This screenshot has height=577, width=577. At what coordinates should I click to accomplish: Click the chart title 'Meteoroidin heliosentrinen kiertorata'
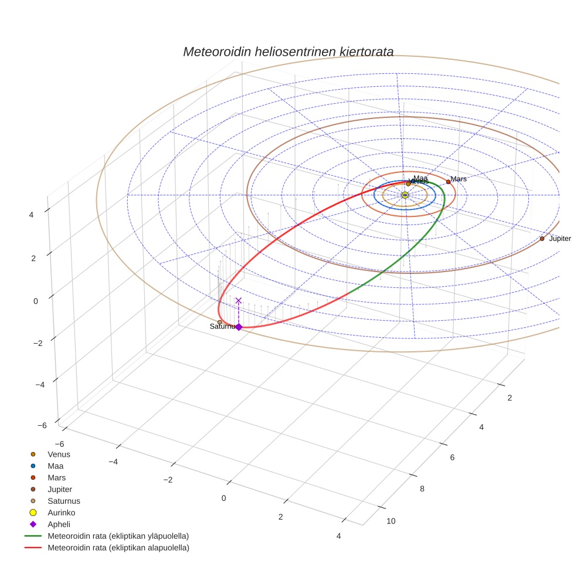tap(288, 52)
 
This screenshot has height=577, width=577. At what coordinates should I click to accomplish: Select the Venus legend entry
tap(59, 454)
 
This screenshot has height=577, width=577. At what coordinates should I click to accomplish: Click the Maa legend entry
tap(55, 466)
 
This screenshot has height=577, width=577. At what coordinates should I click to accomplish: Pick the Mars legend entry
tap(56, 477)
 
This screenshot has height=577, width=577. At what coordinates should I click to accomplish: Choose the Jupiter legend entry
tap(60, 489)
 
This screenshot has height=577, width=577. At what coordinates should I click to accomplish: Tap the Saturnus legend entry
tap(63, 501)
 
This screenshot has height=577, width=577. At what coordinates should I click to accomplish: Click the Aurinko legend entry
tap(61, 512)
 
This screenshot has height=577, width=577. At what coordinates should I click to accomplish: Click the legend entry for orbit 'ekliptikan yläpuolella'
tap(117, 536)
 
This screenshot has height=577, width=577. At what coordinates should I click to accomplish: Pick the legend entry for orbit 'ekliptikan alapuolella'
tap(117, 548)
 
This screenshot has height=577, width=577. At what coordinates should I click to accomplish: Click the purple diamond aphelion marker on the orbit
tap(239, 327)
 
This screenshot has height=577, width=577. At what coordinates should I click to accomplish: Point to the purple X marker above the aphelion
tap(239, 301)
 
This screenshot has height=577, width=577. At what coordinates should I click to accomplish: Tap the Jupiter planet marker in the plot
tap(542, 239)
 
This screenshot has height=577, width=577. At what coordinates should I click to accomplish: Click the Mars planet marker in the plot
tap(449, 182)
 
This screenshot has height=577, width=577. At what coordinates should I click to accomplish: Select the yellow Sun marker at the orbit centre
tap(405, 195)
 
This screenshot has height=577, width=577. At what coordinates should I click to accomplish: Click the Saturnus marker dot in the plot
tap(220, 322)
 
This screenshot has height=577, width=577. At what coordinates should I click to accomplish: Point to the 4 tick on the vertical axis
tap(31, 215)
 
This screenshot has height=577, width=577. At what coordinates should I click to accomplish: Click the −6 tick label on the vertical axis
tap(42, 426)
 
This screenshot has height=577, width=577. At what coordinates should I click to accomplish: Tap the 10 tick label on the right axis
tap(391, 521)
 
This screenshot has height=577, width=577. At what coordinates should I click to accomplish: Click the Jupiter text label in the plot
tap(559, 239)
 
